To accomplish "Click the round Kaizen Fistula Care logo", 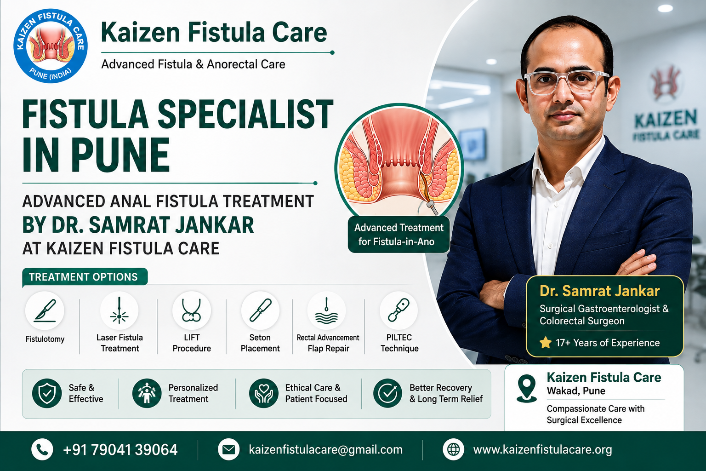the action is [51, 46].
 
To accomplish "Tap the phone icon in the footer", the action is [42, 449].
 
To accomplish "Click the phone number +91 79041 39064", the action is [120, 449].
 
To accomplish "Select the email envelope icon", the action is [228, 449].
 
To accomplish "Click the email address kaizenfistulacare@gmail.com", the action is [325, 449].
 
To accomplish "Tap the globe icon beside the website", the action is [453, 449].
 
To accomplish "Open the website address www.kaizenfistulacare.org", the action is [542, 449].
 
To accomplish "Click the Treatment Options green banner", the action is [85, 277].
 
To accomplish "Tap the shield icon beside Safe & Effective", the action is [47, 393].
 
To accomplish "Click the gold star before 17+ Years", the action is [546, 343].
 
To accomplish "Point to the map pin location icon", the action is [527, 389].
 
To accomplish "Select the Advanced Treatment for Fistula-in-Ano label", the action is [399, 235].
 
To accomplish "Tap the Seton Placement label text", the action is [260, 343].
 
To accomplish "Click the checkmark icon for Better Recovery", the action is [387, 393].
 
